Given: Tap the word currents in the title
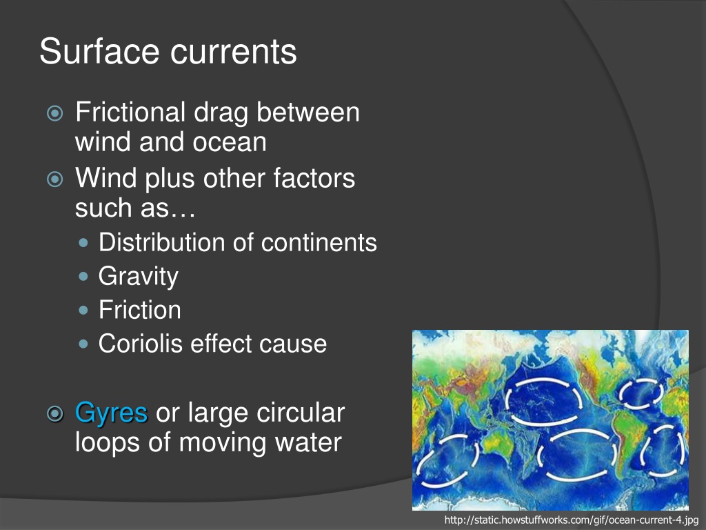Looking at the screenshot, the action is [x=234, y=52].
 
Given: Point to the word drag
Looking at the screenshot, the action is [x=221, y=113].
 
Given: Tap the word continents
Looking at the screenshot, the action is [x=319, y=243].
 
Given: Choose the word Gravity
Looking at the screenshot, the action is [x=139, y=276].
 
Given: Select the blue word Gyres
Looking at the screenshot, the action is [x=111, y=413].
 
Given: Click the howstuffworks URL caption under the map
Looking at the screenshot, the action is [x=571, y=520].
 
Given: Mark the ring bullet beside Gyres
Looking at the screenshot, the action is [x=55, y=413].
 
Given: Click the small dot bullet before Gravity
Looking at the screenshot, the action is [x=83, y=276].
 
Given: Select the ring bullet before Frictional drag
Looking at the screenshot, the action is [x=55, y=112].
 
